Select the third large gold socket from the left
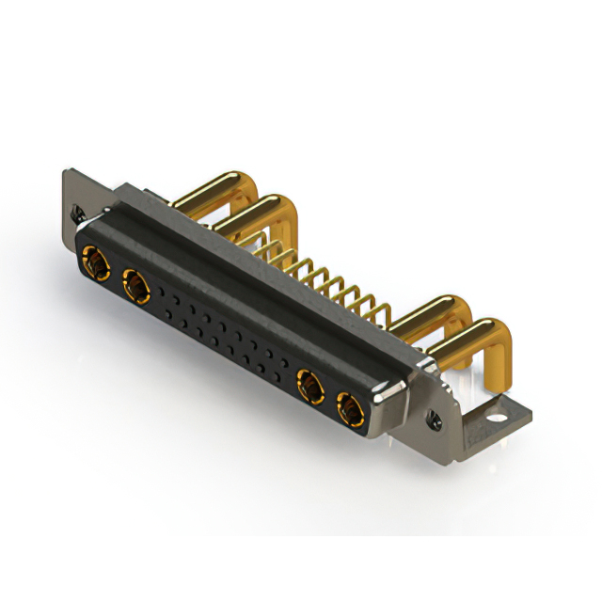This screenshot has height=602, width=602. [x=309, y=386]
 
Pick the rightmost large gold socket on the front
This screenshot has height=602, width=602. [x=350, y=410]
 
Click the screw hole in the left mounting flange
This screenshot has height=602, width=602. [x=78, y=214]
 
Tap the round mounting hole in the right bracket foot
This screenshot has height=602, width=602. [x=495, y=411]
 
